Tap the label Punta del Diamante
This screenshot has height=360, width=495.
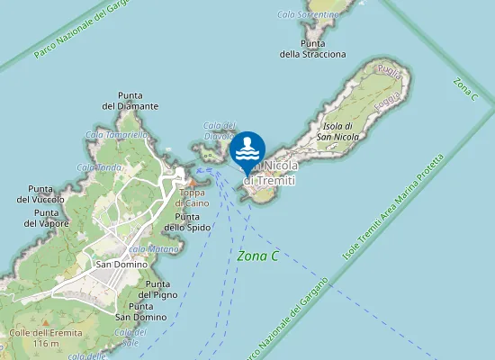[130, 101]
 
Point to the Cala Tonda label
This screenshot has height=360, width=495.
[99, 167]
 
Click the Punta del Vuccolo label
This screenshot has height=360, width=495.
[40, 193]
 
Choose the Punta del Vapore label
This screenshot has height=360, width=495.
[40, 218]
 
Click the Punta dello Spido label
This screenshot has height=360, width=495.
[193, 221]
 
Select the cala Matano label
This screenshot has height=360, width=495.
[148, 248]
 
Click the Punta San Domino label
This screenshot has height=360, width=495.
[141, 311]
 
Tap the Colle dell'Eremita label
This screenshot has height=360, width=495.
[40, 333]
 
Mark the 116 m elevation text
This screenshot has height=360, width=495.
[43, 345]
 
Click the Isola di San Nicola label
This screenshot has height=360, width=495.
[340, 131]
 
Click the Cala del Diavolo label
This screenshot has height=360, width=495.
[220, 130]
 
